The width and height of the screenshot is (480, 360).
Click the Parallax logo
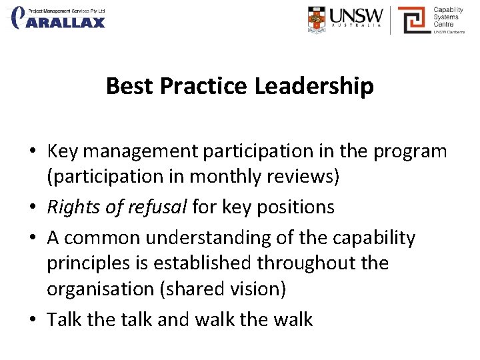pos(59,18)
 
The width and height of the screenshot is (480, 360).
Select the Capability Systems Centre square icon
pos(413,19)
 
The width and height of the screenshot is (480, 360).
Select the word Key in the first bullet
pos(61,151)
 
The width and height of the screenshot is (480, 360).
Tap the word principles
pos(88,263)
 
